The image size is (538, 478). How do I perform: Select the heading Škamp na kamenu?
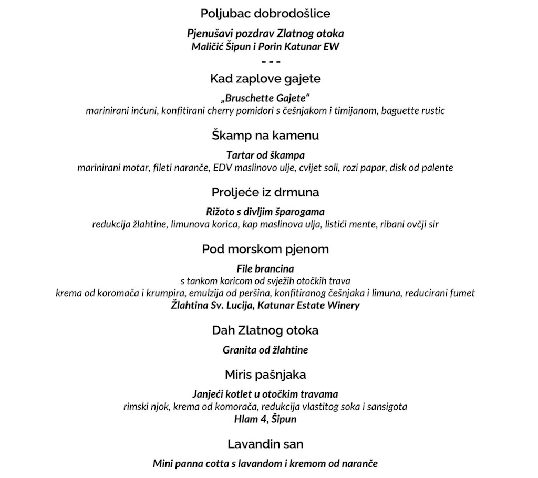[x=265, y=136]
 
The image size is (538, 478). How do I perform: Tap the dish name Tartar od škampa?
[x=265, y=155]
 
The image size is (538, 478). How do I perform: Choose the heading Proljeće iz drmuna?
[x=265, y=192]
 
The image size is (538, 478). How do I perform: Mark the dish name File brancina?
[x=265, y=269]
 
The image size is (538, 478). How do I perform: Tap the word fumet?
[x=463, y=293]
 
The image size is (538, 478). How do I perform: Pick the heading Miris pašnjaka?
[x=265, y=375]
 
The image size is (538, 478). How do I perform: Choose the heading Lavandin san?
[x=265, y=444]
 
